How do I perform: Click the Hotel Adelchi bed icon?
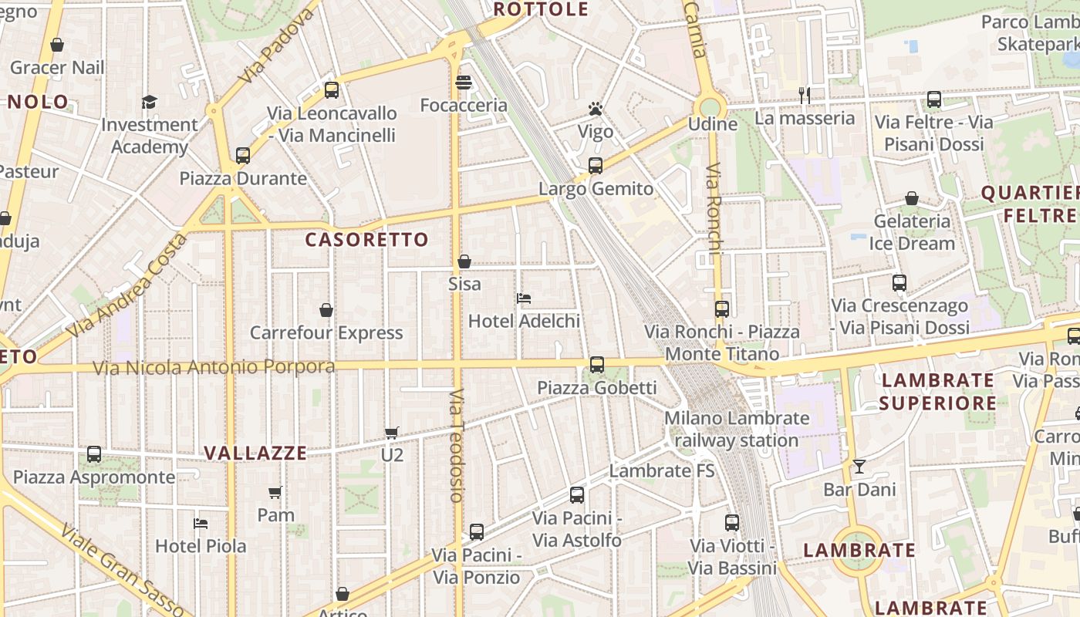point(524,298)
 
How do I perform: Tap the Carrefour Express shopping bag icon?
point(326,310)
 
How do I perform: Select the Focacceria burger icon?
point(464,82)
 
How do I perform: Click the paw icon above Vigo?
point(595,109)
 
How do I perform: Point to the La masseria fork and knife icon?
point(805,95)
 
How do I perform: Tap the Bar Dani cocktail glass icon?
point(859,467)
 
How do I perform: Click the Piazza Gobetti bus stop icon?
point(596,364)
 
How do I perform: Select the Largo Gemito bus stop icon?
point(595,165)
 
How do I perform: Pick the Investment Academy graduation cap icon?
point(149,102)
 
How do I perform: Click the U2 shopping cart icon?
point(392,433)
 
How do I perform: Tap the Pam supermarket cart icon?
point(275,492)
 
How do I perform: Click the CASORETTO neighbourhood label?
point(366,240)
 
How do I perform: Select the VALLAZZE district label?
point(255,453)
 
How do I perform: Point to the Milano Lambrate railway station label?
point(737,430)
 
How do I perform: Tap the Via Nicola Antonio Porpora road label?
point(214,368)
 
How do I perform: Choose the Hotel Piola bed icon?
point(201,523)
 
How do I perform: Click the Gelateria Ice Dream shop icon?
point(912,198)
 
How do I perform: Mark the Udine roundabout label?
point(712,124)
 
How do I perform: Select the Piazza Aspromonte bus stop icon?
point(94,453)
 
